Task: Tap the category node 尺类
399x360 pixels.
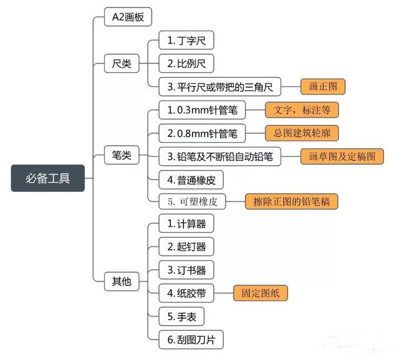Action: pyautogui.click(x=122, y=64)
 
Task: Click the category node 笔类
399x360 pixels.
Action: pyautogui.click(x=122, y=155)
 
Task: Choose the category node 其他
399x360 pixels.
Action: pyautogui.click(x=122, y=281)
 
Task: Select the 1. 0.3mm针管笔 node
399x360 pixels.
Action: pyautogui.click(x=202, y=110)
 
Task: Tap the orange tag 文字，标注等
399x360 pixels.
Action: pyautogui.click(x=302, y=110)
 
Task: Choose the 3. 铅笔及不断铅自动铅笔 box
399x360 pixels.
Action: pyautogui.click(x=219, y=156)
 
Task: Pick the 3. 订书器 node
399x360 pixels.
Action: pyautogui.click(x=186, y=270)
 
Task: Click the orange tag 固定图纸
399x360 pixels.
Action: pyautogui.click(x=261, y=293)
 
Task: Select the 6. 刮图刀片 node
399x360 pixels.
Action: pyautogui.click(x=190, y=339)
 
